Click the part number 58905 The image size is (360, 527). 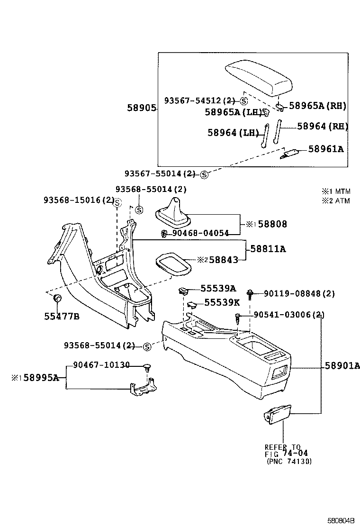click(141, 108)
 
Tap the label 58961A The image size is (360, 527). click(325, 149)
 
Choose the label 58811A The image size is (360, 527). click(271, 248)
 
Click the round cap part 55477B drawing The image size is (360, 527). click(57, 299)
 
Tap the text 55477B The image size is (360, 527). click(63, 317)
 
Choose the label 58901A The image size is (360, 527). click(342, 365)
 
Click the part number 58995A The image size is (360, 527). click(41, 378)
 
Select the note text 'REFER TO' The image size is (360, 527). click(282, 447)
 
